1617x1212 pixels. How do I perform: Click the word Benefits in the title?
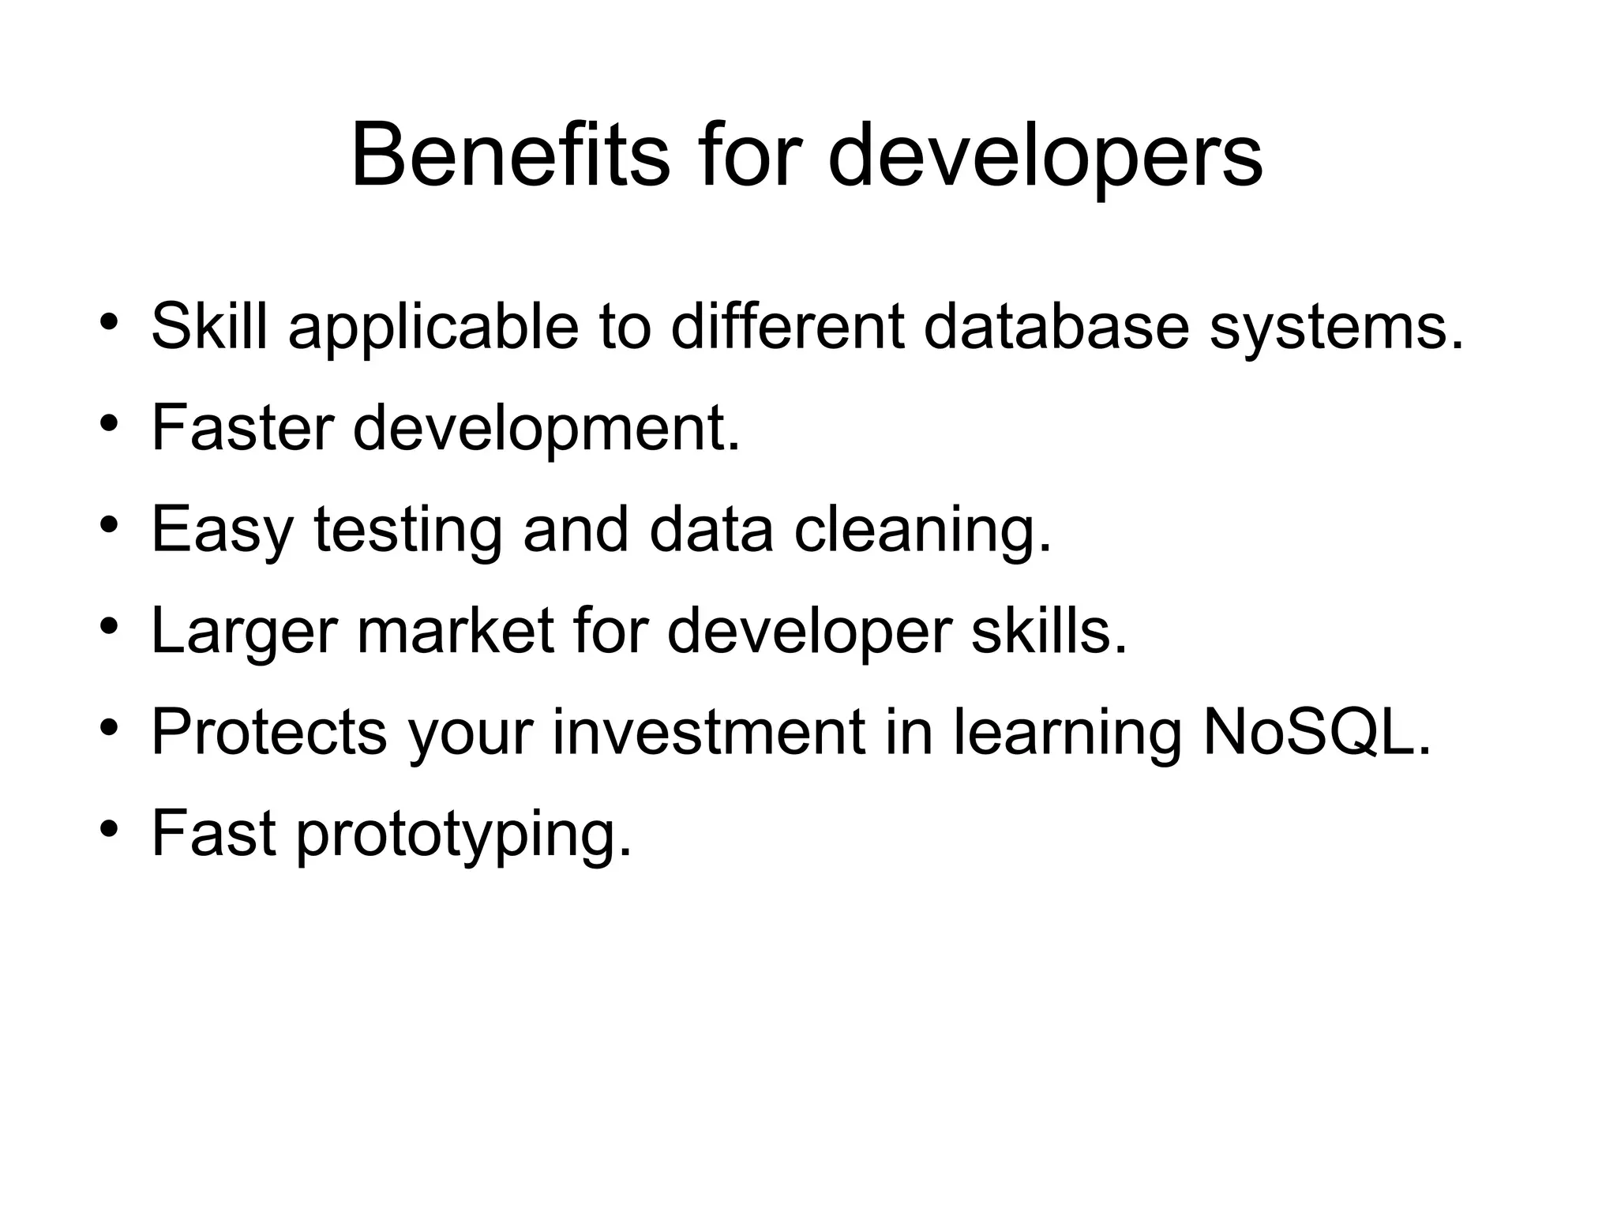pyautogui.click(x=510, y=156)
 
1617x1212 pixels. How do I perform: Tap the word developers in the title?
pyautogui.click(x=1045, y=156)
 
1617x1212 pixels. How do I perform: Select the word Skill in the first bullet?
pyautogui.click(x=209, y=326)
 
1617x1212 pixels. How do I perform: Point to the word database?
pyautogui.click(x=1056, y=326)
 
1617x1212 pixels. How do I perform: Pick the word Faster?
pyautogui.click(x=242, y=427)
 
